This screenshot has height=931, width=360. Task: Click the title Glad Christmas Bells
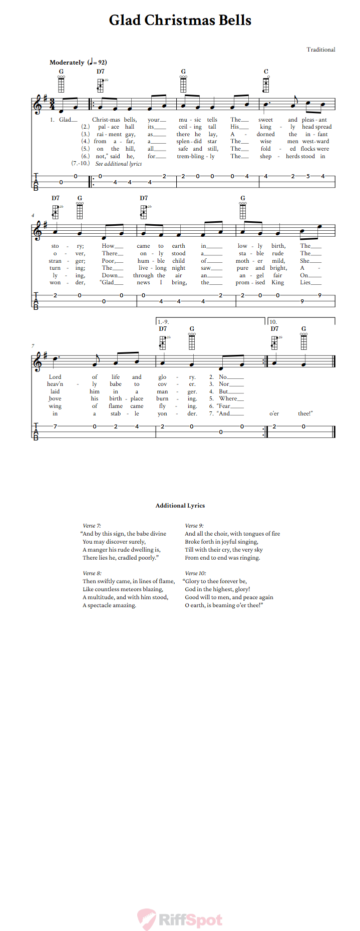tap(180, 21)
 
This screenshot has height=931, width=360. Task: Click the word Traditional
tap(320, 50)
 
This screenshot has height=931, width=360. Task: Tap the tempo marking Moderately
tap(67, 63)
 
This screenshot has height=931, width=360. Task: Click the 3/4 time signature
tap(52, 105)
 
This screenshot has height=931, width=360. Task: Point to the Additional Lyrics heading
tap(180, 506)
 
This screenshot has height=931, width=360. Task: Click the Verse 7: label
tap(92, 526)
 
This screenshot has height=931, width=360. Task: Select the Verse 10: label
tap(195, 573)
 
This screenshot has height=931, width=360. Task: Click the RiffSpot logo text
tap(190, 920)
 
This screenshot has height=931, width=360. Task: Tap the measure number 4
tap(33, 216)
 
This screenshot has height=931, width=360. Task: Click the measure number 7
tap(33, 346)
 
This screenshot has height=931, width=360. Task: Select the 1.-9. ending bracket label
tap(163, 322)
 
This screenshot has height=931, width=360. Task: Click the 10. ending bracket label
tap(273, 322)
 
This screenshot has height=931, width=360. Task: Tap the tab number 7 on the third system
tap(55, 426)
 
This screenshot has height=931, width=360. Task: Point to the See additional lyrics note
tap(119, 164)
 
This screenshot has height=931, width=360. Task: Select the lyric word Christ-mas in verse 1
tap(106, 120)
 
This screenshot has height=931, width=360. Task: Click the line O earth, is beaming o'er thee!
tap(224, 605)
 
